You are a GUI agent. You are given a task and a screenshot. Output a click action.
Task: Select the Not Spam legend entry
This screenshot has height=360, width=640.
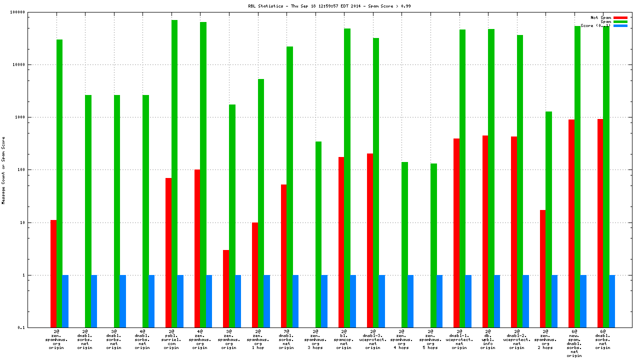point(600,17)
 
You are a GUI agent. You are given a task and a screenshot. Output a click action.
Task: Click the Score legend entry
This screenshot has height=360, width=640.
point(595,25)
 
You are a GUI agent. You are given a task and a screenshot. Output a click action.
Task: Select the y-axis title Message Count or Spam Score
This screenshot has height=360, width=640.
point(3,170)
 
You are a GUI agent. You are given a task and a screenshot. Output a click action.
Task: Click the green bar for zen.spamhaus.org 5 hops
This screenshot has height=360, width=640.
point(433,245)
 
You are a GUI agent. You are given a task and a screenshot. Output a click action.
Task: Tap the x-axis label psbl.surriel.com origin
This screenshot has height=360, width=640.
point(171,339)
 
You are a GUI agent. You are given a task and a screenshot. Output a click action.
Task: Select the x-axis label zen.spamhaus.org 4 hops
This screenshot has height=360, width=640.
point(401,339)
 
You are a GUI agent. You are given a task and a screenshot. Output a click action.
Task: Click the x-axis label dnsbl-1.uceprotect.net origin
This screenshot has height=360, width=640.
point(459,339)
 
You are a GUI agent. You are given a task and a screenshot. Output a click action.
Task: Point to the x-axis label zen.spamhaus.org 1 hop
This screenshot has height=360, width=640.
point(257,339)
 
